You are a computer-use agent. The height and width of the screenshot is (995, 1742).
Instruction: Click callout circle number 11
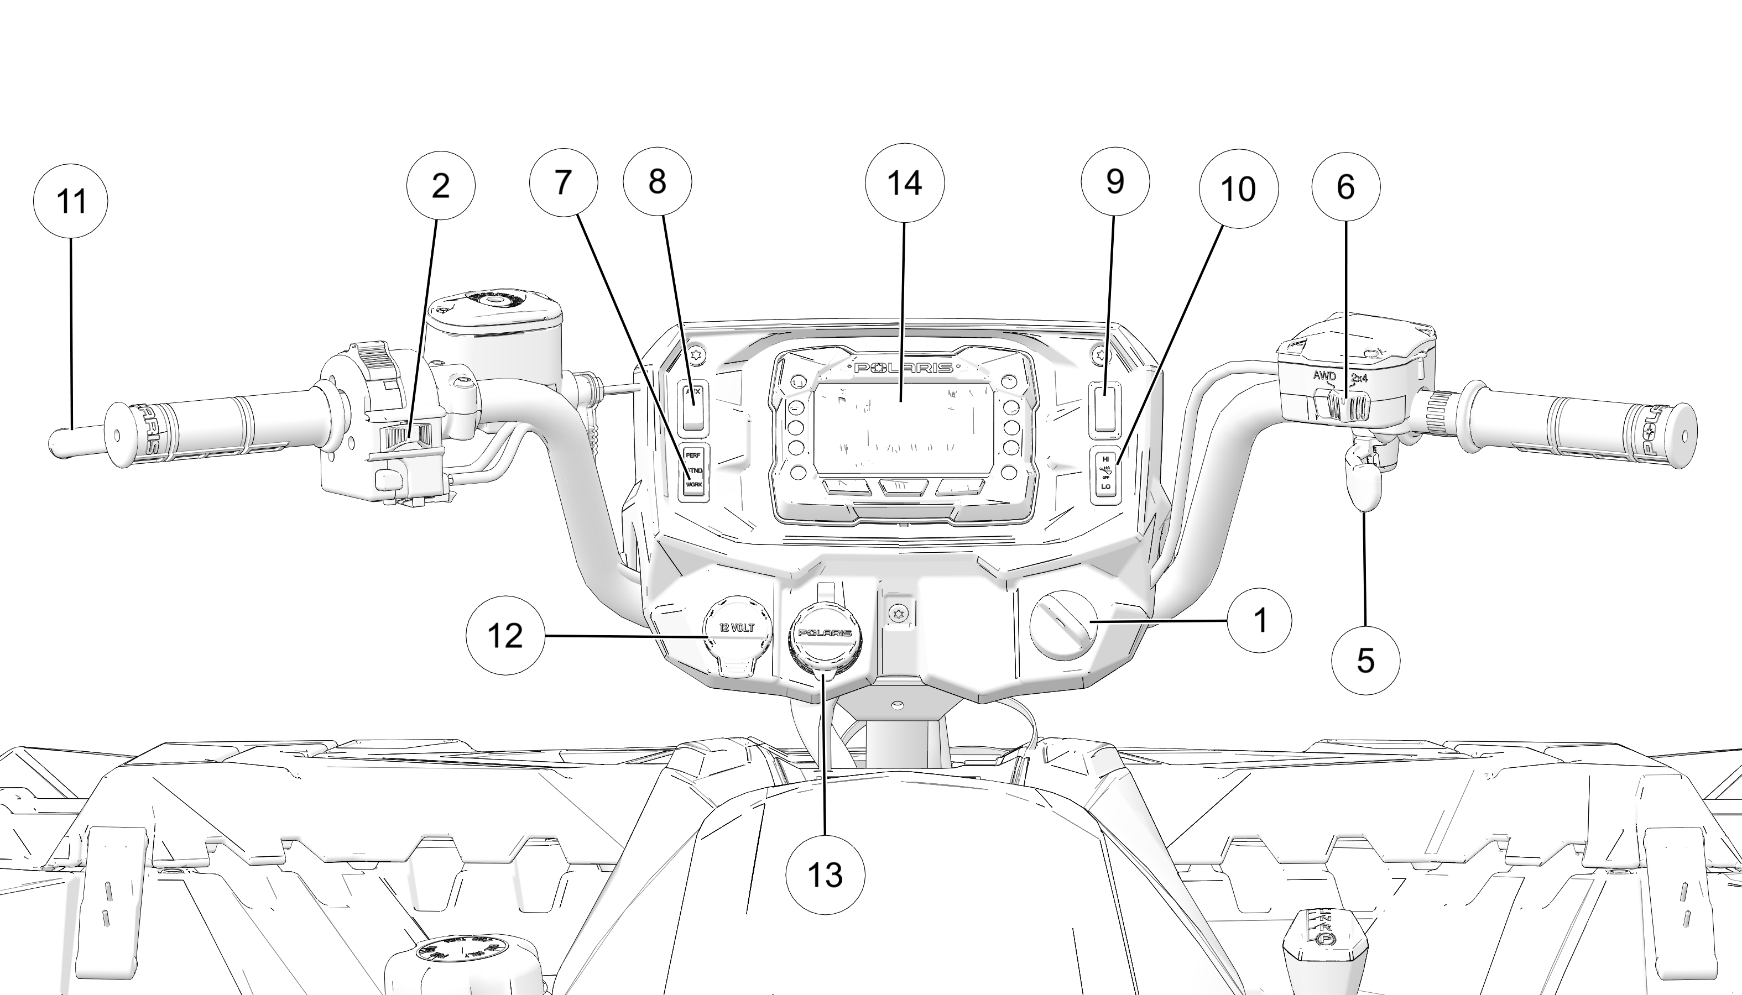[70, 201]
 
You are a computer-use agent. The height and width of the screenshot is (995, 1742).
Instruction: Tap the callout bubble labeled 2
[441, 185]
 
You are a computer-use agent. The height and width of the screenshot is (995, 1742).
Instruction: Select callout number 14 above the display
[905, 182]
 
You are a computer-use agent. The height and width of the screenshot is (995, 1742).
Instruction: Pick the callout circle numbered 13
[825, 874]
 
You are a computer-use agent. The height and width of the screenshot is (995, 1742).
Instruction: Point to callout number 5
[1365, 661]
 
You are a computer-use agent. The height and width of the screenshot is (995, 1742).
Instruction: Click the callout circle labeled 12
[505, 636]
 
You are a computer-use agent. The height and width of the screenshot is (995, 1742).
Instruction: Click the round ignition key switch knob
[1063, 625]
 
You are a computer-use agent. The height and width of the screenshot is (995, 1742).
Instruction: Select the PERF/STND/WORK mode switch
[694, 472]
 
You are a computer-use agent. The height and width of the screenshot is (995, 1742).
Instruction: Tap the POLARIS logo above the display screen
[903, 368]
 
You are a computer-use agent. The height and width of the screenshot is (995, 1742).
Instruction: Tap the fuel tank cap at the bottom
[463, 954]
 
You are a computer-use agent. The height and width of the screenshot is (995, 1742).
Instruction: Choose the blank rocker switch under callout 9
[1105, 409]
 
